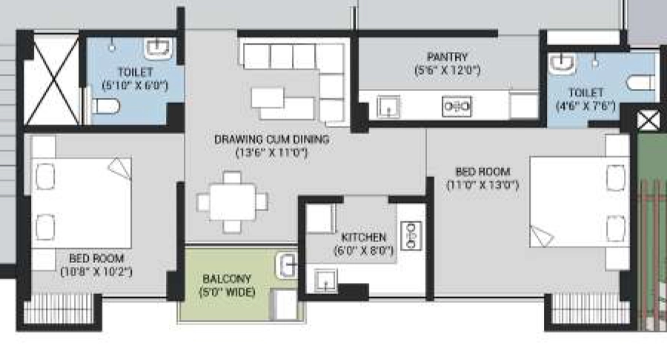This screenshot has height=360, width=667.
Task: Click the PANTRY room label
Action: coord(447,57)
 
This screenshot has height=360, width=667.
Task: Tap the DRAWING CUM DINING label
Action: coord(272,139)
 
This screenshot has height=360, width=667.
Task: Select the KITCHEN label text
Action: coord(364,237)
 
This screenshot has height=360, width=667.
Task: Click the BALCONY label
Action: coord(227,279)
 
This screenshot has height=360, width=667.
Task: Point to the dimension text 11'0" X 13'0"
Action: coord(482,185)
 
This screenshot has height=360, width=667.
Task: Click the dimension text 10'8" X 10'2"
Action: coord(96,272)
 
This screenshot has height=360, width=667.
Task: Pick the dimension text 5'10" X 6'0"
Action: coord(136,85)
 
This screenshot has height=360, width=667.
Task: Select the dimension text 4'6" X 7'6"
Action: coord(585,106)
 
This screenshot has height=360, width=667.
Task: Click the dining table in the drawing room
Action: coord(232,202)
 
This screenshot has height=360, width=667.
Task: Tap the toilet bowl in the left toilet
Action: coord(105,106)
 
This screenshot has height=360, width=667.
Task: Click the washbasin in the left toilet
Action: coord(158,48)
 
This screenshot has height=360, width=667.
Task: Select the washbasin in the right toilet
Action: coord(562,63)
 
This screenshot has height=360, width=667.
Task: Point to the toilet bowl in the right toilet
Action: coord(640,82)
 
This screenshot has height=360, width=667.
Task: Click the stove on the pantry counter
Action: coord(457,106)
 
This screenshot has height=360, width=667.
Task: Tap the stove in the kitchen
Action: coord(411,236)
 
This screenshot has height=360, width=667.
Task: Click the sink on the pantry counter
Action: coord(388,106)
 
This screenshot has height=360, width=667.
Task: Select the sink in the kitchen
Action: coord(326,281)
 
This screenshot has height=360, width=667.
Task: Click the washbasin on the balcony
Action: coord(286,266)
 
